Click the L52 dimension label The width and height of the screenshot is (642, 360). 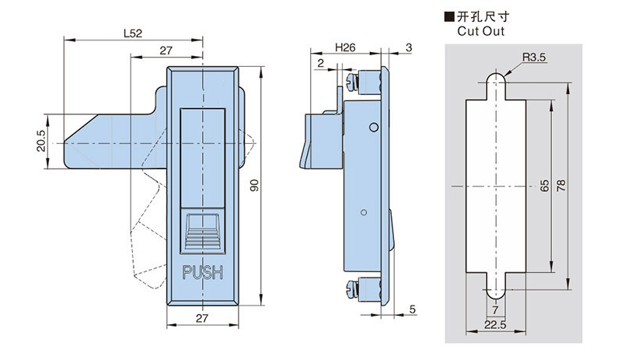tap(133, 33)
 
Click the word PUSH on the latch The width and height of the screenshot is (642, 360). tap(202, 273)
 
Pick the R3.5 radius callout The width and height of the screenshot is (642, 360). tap(536, 58)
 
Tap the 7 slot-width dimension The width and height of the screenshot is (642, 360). tap(495, 311)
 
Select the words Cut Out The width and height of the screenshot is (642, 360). tap(480, 32)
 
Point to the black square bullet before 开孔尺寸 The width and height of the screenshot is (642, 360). tap(448, 16)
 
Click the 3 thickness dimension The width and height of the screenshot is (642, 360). tap(410, 47)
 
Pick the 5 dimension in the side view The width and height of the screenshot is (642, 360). tap(412, 309)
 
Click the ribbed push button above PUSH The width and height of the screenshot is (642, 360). tap(202, 230)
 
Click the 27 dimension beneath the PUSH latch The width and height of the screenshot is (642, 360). tap(201, 319)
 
